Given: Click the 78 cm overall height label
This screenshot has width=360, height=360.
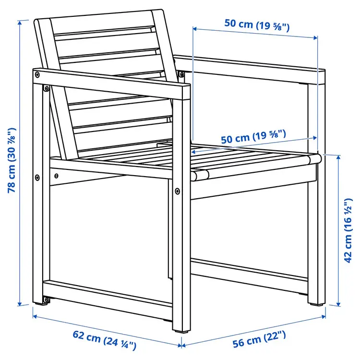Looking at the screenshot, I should (12, 159).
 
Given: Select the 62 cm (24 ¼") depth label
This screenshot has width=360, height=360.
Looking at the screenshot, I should (105, 339).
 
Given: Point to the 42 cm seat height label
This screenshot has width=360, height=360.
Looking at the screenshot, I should (348, 232).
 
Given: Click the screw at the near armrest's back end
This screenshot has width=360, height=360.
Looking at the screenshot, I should (37, 74).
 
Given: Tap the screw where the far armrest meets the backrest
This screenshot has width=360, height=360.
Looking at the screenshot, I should (181, 73).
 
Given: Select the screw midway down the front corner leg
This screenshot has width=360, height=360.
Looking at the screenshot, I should (178, 191).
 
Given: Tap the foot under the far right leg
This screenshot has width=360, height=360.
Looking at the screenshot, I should (316, 303).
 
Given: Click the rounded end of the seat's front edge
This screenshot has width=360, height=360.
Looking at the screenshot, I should (197, 175).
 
